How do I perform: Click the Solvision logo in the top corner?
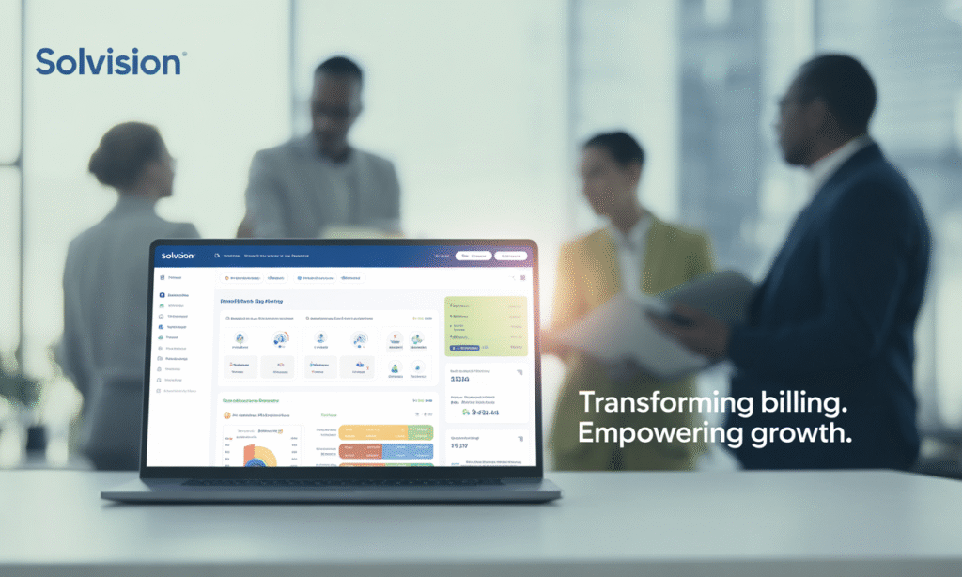[x=108, y=62]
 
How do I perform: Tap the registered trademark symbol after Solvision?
[x=184, y=54]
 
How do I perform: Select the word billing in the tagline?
[x=802, y=402]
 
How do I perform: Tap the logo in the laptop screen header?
[x=178, y=255]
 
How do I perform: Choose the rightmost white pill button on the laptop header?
[x=511, y=255]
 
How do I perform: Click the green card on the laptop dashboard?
[x=486, y=325]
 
